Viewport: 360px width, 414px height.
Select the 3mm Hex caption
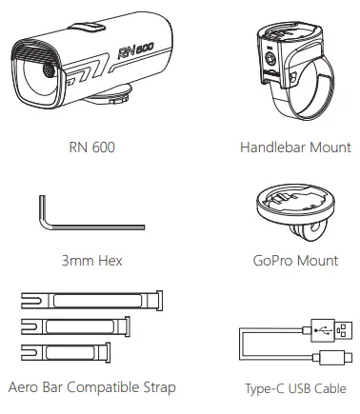(x=90, y=260)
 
